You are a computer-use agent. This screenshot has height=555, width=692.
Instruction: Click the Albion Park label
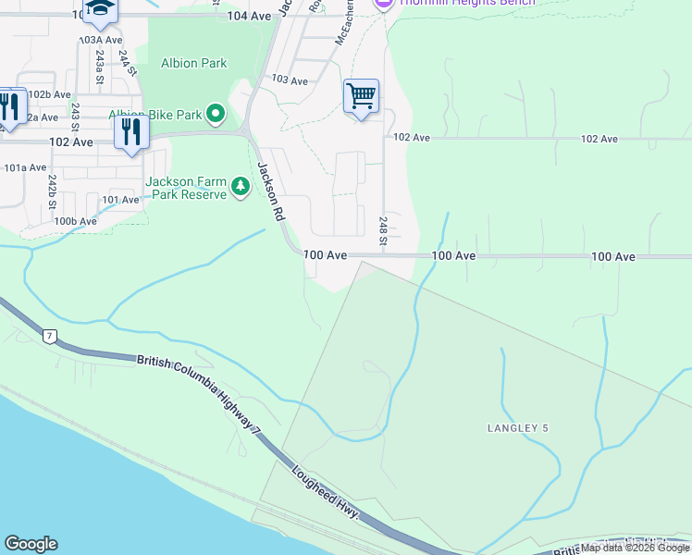194,64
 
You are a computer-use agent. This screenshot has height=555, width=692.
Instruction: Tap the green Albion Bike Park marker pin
216,114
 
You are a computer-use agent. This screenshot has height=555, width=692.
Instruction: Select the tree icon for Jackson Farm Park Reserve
241,188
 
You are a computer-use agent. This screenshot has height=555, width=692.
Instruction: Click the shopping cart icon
361,96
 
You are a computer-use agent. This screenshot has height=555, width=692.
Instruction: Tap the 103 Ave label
290,81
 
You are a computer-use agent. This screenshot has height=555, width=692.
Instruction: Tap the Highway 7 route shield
49,335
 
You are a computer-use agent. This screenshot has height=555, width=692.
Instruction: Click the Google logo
31,544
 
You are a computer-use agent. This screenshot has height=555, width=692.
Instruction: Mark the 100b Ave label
75,221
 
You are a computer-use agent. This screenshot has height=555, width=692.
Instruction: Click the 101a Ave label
25,167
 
